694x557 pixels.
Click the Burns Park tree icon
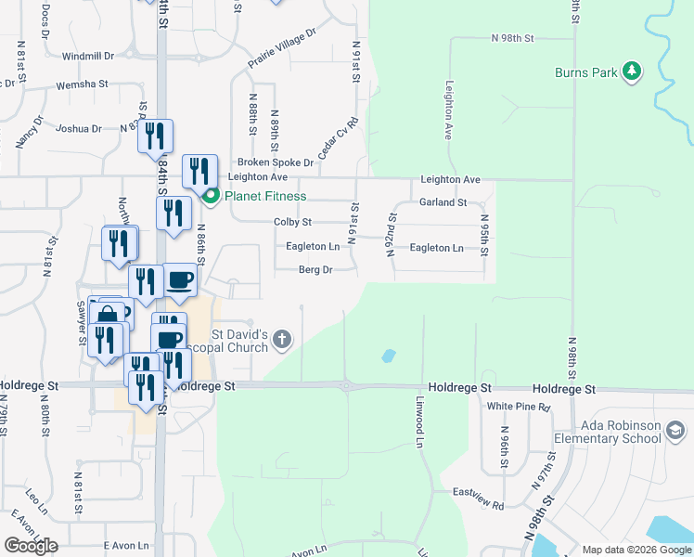coord(631,71)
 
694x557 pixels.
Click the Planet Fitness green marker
coord(211,196)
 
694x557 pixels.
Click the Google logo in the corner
coord(31,546)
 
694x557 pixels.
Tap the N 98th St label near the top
coord(514,38)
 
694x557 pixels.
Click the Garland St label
coord(443,201)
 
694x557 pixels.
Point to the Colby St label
coord(292,223)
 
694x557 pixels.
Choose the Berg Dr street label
coord(315,270)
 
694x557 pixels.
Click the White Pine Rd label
coord(519,407)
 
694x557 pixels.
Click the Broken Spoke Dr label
coord(276,162)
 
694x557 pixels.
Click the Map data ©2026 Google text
coord(637,550)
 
